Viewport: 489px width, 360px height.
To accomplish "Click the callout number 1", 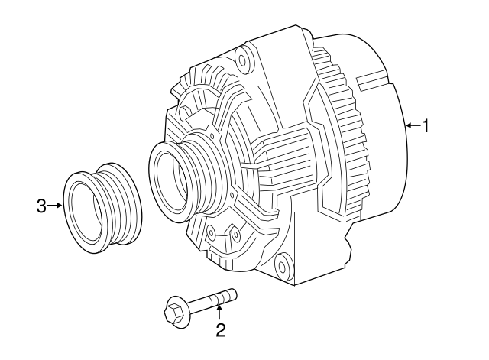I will pyautogui.click(x=426, y=125).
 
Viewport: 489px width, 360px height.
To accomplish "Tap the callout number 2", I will pyautogui.click(x=220, y=330).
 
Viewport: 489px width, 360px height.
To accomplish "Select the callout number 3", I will pyautogui.click(x=42, y=205).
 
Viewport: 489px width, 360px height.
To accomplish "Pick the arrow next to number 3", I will pyautogui.click(x=56, y=205).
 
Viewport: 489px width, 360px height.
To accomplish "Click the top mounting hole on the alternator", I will pyautogui.click(x=244, y=57).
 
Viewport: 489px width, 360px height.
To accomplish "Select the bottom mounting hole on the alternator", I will pyautogui.click(x=283, y=268).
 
